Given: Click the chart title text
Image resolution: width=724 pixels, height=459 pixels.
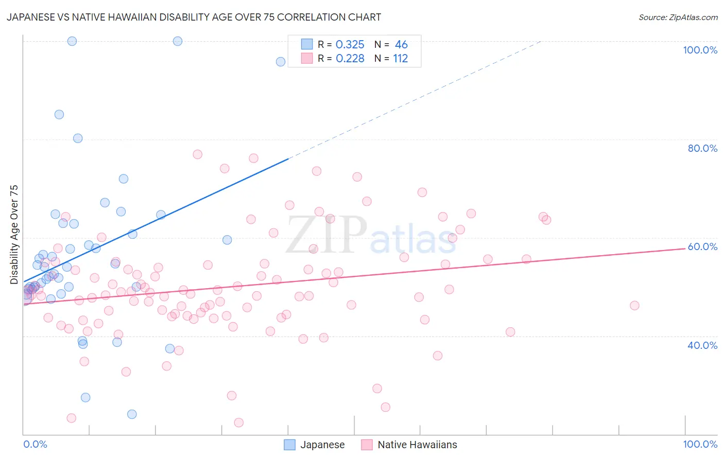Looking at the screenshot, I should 194,17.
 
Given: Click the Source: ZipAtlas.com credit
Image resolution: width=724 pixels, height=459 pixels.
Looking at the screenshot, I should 678,17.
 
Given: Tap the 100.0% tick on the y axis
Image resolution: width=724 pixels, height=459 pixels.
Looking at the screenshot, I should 700,50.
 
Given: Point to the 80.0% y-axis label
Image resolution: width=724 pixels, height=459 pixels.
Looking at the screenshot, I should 702,148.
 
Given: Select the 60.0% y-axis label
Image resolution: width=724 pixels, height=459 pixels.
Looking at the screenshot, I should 702,246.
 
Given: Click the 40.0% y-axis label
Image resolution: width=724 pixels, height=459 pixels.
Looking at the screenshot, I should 702,345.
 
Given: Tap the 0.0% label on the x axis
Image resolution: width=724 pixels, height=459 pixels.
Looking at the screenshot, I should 35,444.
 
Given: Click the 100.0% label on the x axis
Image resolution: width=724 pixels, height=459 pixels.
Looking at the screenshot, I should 700,444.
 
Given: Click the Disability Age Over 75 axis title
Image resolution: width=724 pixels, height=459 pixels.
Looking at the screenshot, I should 14,235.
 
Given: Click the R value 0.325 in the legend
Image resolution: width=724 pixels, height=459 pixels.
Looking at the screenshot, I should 350,45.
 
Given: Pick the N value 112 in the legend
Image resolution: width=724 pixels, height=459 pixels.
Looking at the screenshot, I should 400,59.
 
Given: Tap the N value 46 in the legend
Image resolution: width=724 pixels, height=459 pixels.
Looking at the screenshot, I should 401,45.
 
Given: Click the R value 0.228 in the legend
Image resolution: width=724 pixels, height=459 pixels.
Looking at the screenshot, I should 350,59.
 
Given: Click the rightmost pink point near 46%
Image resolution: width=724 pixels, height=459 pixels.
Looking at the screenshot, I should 634,306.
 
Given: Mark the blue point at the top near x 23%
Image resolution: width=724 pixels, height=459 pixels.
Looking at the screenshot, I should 178,41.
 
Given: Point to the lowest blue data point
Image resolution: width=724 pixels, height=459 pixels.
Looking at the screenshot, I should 132,414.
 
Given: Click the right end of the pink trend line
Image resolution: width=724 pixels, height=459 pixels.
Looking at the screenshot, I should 685,249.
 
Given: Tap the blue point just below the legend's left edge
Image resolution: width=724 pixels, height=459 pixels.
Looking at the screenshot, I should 281,62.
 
